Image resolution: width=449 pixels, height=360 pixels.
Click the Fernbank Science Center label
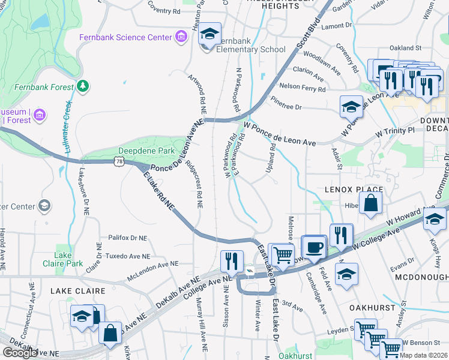[x=126, y=37]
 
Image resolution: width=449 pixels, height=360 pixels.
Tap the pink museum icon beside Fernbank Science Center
[x=181, y=37]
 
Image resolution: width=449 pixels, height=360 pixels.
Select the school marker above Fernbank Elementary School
[x=210, y=34]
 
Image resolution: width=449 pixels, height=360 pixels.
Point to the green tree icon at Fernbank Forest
[x=83, y=86]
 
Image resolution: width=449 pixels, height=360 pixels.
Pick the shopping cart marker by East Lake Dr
[x=282, y=255]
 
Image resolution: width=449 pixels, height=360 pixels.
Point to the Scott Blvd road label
[x=309, y=37]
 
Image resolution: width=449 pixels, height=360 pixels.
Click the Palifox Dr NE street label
[x=127, y=238]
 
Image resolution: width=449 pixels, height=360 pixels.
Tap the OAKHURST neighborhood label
[x=373, y=307]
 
